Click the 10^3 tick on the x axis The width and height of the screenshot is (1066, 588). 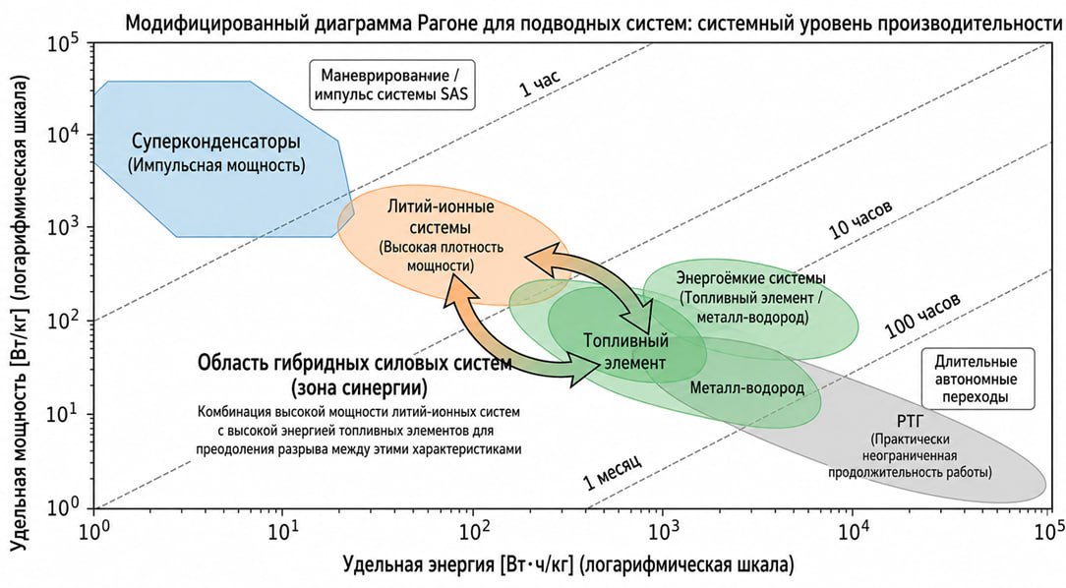[x=664, y=509]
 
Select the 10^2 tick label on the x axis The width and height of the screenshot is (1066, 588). [x=475, y=527]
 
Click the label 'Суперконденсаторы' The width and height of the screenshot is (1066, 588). [x=216, y=142]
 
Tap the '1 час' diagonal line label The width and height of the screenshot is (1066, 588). [x=541, y=83]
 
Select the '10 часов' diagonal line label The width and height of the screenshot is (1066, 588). [x=860, y=220]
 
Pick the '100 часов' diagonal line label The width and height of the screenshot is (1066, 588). [x=923, y=316]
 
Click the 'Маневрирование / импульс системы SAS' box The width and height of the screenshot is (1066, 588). [x=391, y=85]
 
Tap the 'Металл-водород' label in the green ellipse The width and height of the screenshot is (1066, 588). [x=746, y=388]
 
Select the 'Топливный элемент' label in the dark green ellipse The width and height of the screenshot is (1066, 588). [x=625, y=351]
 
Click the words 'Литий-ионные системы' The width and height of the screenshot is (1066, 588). [x=441, y=216]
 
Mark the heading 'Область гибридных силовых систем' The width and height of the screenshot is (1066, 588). [x=354, y=363]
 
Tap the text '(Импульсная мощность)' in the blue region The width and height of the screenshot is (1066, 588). [x=216, y=164]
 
